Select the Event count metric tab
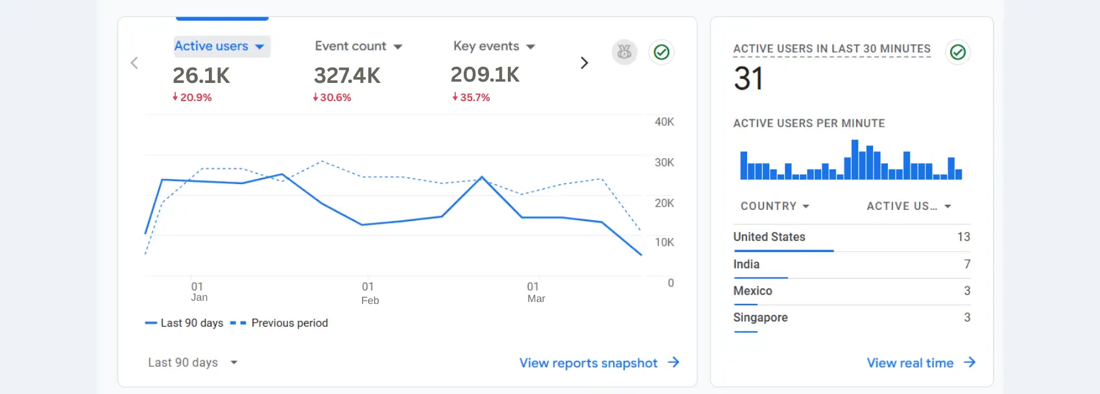coord(358,47)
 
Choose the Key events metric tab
coord(494,47)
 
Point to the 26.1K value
coord(201,76)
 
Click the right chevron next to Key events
coord(584,63)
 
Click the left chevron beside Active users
coord(134,63)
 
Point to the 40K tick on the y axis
coord(664,122)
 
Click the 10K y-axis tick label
coord(664,242)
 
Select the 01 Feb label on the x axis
coord(370,293)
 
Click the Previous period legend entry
coord(289,323)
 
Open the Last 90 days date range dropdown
coord(192,363)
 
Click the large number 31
coord(748,79)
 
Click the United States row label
coord(769,237)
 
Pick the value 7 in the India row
coord(966,264)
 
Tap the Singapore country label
coord(760,318)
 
